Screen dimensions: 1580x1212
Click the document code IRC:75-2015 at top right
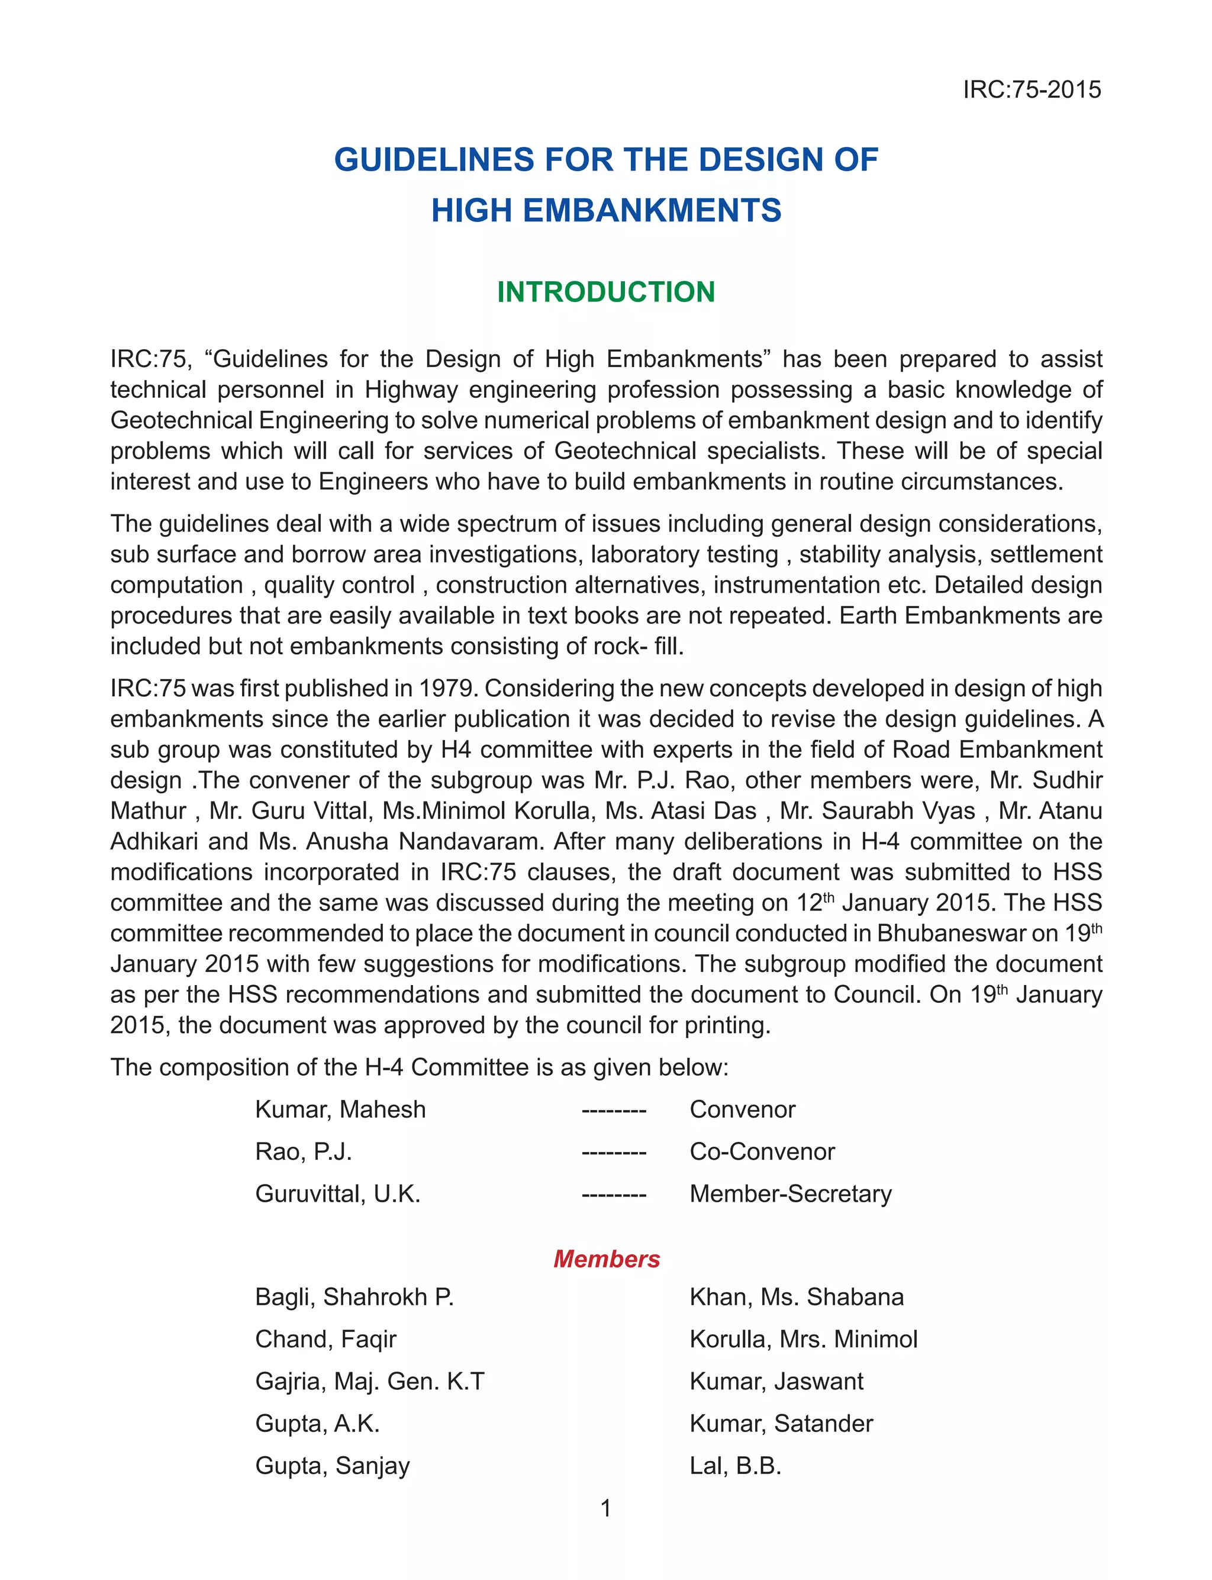pyautogui.click(x=1032, y=89)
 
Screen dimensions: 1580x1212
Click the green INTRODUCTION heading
pyautogui.click(x=606, y=292)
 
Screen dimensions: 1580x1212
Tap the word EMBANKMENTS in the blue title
pyautogui.click(x=652, y=211)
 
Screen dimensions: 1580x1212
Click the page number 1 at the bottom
pyautogui.click(x=606, y=1508)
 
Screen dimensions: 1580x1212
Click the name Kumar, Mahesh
pyautogui.click(x=340, y=1109)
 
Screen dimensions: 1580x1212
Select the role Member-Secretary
pyautogui.click(x=791, y=1193)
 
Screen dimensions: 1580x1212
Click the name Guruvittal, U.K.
pyautogui.click(x=338, y=1193)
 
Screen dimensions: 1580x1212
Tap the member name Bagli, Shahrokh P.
pyautogui.click(x=354, y=1296)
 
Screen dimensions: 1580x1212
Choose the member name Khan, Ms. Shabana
pyautogui.click(x=797, y=1296)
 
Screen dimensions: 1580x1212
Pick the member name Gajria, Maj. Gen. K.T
pyautogui.click(x=370, y=1381)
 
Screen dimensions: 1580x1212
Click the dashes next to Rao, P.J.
pyautogui.click(x=614, y=1151)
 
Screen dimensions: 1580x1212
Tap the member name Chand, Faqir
pyautogui.click(x=325, y=1339)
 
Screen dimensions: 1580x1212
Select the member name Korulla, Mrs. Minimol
pyautogui.click(x=804, y=1339)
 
